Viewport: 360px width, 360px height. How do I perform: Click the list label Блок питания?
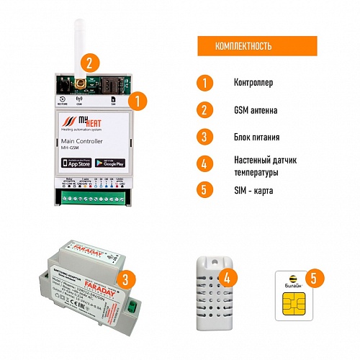(x=257, y=136)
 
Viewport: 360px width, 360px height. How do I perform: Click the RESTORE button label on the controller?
(x=63, y=104)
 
